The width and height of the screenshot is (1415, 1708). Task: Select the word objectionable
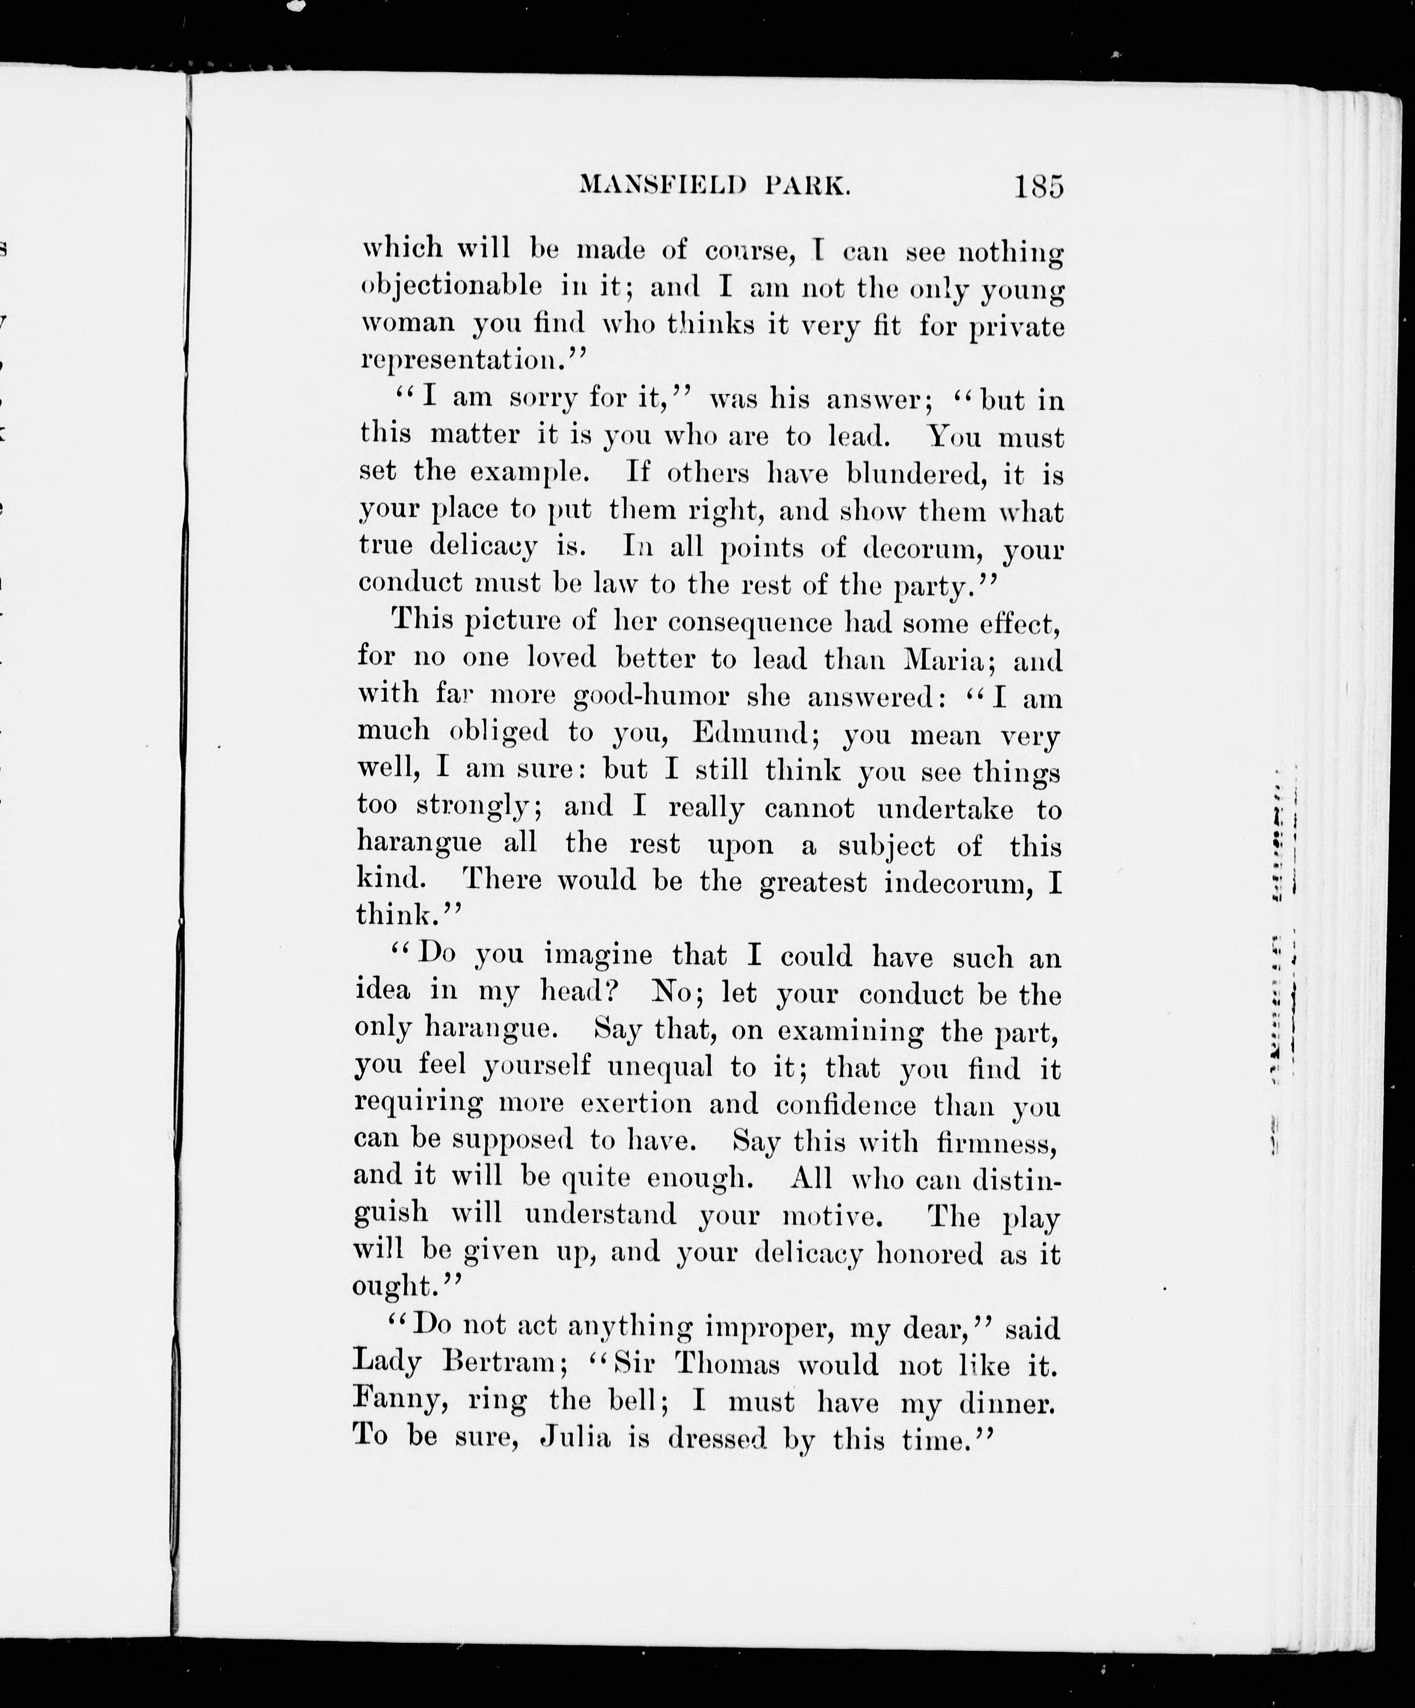pos(451,286)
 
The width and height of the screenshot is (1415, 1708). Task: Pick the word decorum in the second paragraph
pos(923,549)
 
